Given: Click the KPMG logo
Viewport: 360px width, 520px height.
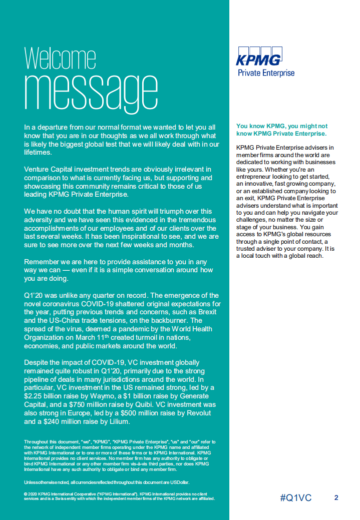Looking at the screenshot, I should tap(258, 57).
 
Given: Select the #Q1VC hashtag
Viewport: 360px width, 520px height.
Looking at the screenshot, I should tap(296, 498).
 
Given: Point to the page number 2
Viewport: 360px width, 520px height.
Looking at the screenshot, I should tap(336, 498).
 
